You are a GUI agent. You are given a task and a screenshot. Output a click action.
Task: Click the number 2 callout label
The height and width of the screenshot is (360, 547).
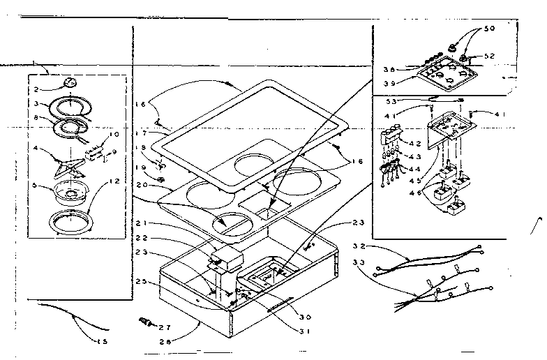(x=40, y=89)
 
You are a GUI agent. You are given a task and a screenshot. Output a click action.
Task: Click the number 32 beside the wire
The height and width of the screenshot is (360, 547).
(x=359, y=246)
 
